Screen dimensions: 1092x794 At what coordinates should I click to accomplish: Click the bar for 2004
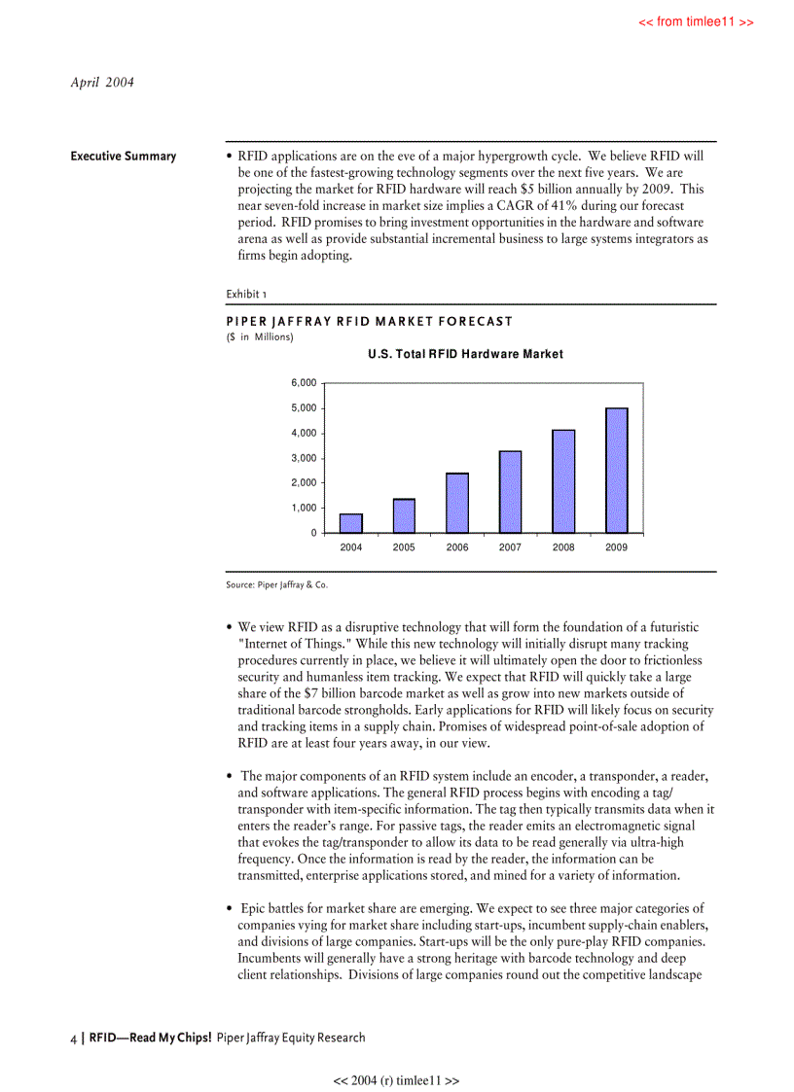click(351, 523)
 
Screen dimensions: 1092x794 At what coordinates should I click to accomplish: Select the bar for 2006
click(457, 503)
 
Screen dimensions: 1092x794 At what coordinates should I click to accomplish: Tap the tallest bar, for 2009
click(617, 471)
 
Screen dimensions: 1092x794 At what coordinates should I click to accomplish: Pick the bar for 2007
click(510, 492)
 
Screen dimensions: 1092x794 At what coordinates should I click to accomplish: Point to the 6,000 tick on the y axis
click(304, 383)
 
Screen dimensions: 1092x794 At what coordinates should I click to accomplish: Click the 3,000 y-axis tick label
click(304, 458)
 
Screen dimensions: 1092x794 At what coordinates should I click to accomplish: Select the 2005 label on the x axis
click(404, 547)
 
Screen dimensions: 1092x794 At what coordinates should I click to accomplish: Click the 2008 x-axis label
click(563, 547)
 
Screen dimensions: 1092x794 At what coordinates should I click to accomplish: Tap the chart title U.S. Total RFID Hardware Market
click(465, 354)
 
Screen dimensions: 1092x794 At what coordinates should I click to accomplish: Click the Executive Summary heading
click(124, 157)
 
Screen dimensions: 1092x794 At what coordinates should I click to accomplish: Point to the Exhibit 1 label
click(246, 294)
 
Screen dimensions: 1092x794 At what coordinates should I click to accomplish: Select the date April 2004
click(102, 82)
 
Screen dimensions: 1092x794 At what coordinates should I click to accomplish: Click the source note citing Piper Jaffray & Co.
click(283, 584)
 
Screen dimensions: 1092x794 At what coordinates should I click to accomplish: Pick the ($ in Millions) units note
click(260, 336)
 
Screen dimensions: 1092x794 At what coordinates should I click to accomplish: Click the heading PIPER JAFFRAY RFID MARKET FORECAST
click(369, 321)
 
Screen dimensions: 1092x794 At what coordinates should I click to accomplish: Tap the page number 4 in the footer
click(74, 1038)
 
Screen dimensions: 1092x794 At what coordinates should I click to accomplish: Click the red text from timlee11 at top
click(696, 22)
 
